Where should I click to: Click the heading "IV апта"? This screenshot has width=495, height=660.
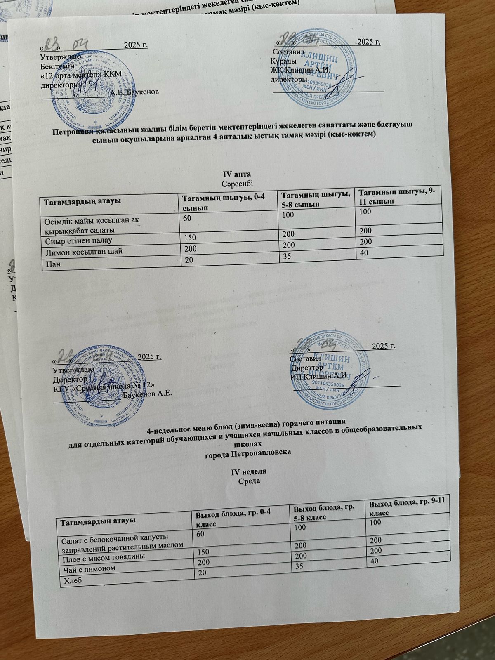coord(237,173)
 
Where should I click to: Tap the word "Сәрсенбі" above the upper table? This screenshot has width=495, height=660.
coord(237,182)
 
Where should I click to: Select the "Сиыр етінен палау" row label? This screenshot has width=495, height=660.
coord(78,240)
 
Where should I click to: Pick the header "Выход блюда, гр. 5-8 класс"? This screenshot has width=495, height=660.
coord(325,512)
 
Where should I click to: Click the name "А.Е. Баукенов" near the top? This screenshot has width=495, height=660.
coord(134,91)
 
